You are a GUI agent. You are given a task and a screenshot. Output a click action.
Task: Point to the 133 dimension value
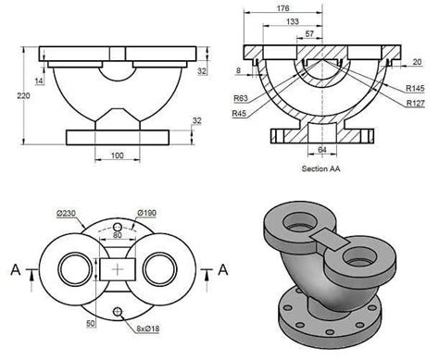pyautogui.click(x=293, y=20)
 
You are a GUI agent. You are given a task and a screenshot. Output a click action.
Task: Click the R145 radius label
pyautogui.click(x=415, y=88)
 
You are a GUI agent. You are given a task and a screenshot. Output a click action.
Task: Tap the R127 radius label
pyautogui.click(x=415, y=103)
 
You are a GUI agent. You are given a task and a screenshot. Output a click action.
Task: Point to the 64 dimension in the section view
pyautogui.click(x=322, y=149)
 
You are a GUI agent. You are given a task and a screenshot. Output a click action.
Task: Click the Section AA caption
pyautogui.click(x=321, y=169)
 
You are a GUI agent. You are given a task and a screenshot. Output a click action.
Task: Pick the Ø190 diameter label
pyautogui.click(x=145, y=213)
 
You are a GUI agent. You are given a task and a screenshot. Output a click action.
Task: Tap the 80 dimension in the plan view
pyautogui.click(x=118, y=234)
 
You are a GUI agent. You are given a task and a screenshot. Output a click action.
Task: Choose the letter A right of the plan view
pyautogui.click(x=222, y=269)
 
